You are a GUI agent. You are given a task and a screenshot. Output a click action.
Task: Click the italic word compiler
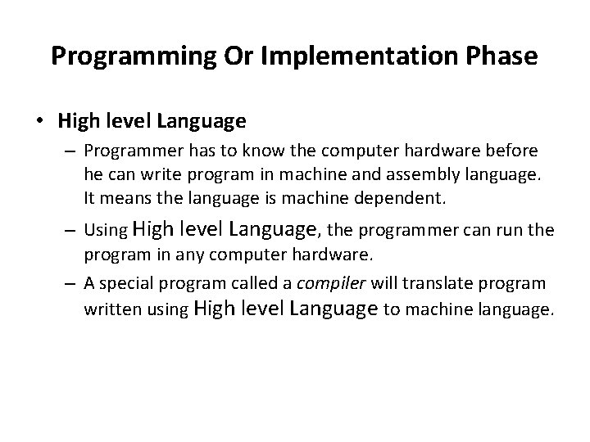coord(330,282)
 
